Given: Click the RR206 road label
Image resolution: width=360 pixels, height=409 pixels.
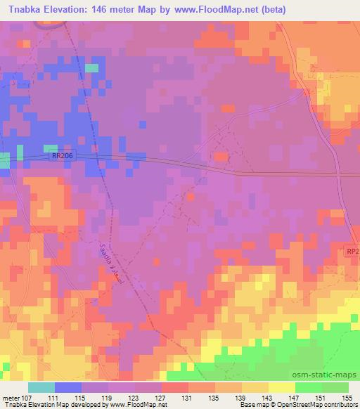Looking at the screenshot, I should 62,157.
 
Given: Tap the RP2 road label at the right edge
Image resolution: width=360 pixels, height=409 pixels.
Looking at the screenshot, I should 352,250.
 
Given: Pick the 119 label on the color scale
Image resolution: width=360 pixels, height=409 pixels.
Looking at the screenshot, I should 109,398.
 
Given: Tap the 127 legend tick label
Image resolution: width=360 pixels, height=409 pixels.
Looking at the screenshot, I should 162,398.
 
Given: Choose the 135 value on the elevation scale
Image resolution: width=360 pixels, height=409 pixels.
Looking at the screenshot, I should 214,398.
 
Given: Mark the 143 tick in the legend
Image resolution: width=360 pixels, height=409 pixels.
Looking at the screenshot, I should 267,398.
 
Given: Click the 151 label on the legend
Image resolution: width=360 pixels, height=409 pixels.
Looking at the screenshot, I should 320,398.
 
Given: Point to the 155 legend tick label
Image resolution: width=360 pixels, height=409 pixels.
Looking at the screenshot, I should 346,398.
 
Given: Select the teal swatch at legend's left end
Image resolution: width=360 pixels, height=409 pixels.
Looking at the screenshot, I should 41,387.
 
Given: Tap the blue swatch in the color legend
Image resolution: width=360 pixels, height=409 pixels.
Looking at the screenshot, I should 68,387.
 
